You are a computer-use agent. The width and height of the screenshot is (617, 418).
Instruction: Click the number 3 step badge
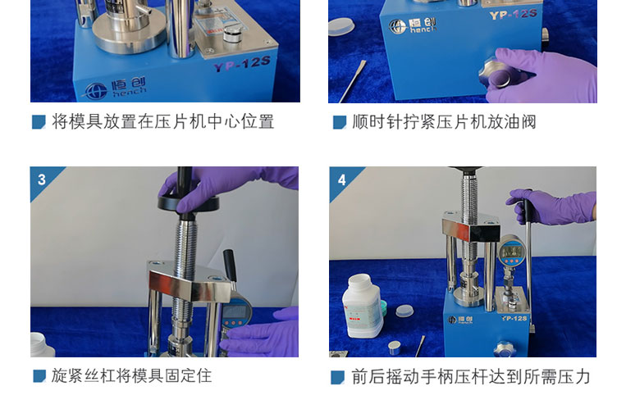pyautogui.click(x=42, y=179)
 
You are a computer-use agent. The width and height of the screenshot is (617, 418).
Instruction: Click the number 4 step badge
pyautogui.click(x=341, y=180)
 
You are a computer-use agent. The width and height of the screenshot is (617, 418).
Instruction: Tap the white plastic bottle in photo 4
pyautogui.click(x=362, y=306)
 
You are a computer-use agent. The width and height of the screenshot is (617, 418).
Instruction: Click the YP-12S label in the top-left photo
pyautogui.click(x=242, y=64)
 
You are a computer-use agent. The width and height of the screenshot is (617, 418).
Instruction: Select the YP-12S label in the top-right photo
pyautogui.click(x=513, y=15)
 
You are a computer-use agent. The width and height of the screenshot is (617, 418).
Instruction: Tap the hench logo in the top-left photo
pyautogui.click(x=115, y=89)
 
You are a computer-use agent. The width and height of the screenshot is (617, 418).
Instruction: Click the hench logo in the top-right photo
pyautogui.click(x=413, y=25)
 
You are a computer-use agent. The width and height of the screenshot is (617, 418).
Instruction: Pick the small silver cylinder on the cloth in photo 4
pyautogui.click(x=395, y=348)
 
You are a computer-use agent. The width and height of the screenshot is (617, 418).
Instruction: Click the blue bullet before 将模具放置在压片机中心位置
pyautogui.click(x=39, y=122)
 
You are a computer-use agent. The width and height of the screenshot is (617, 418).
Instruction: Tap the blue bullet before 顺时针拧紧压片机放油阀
pyautogui.click(x=340, y=122)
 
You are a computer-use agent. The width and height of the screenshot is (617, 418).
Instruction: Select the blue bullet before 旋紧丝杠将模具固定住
pyautogui.click(x=39, y=376)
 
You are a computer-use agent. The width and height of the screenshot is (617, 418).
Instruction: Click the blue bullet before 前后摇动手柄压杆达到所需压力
pyautogui.click(x=338, y=377)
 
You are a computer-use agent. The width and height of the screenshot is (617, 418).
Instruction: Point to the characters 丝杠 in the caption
pyautogui.click(x=99, y=376)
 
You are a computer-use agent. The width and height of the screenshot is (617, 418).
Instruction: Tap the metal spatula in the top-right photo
pyautogui.click(x=353, y=81)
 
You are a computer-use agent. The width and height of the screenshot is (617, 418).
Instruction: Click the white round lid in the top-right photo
pyautogui.click(x=341, y=27)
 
